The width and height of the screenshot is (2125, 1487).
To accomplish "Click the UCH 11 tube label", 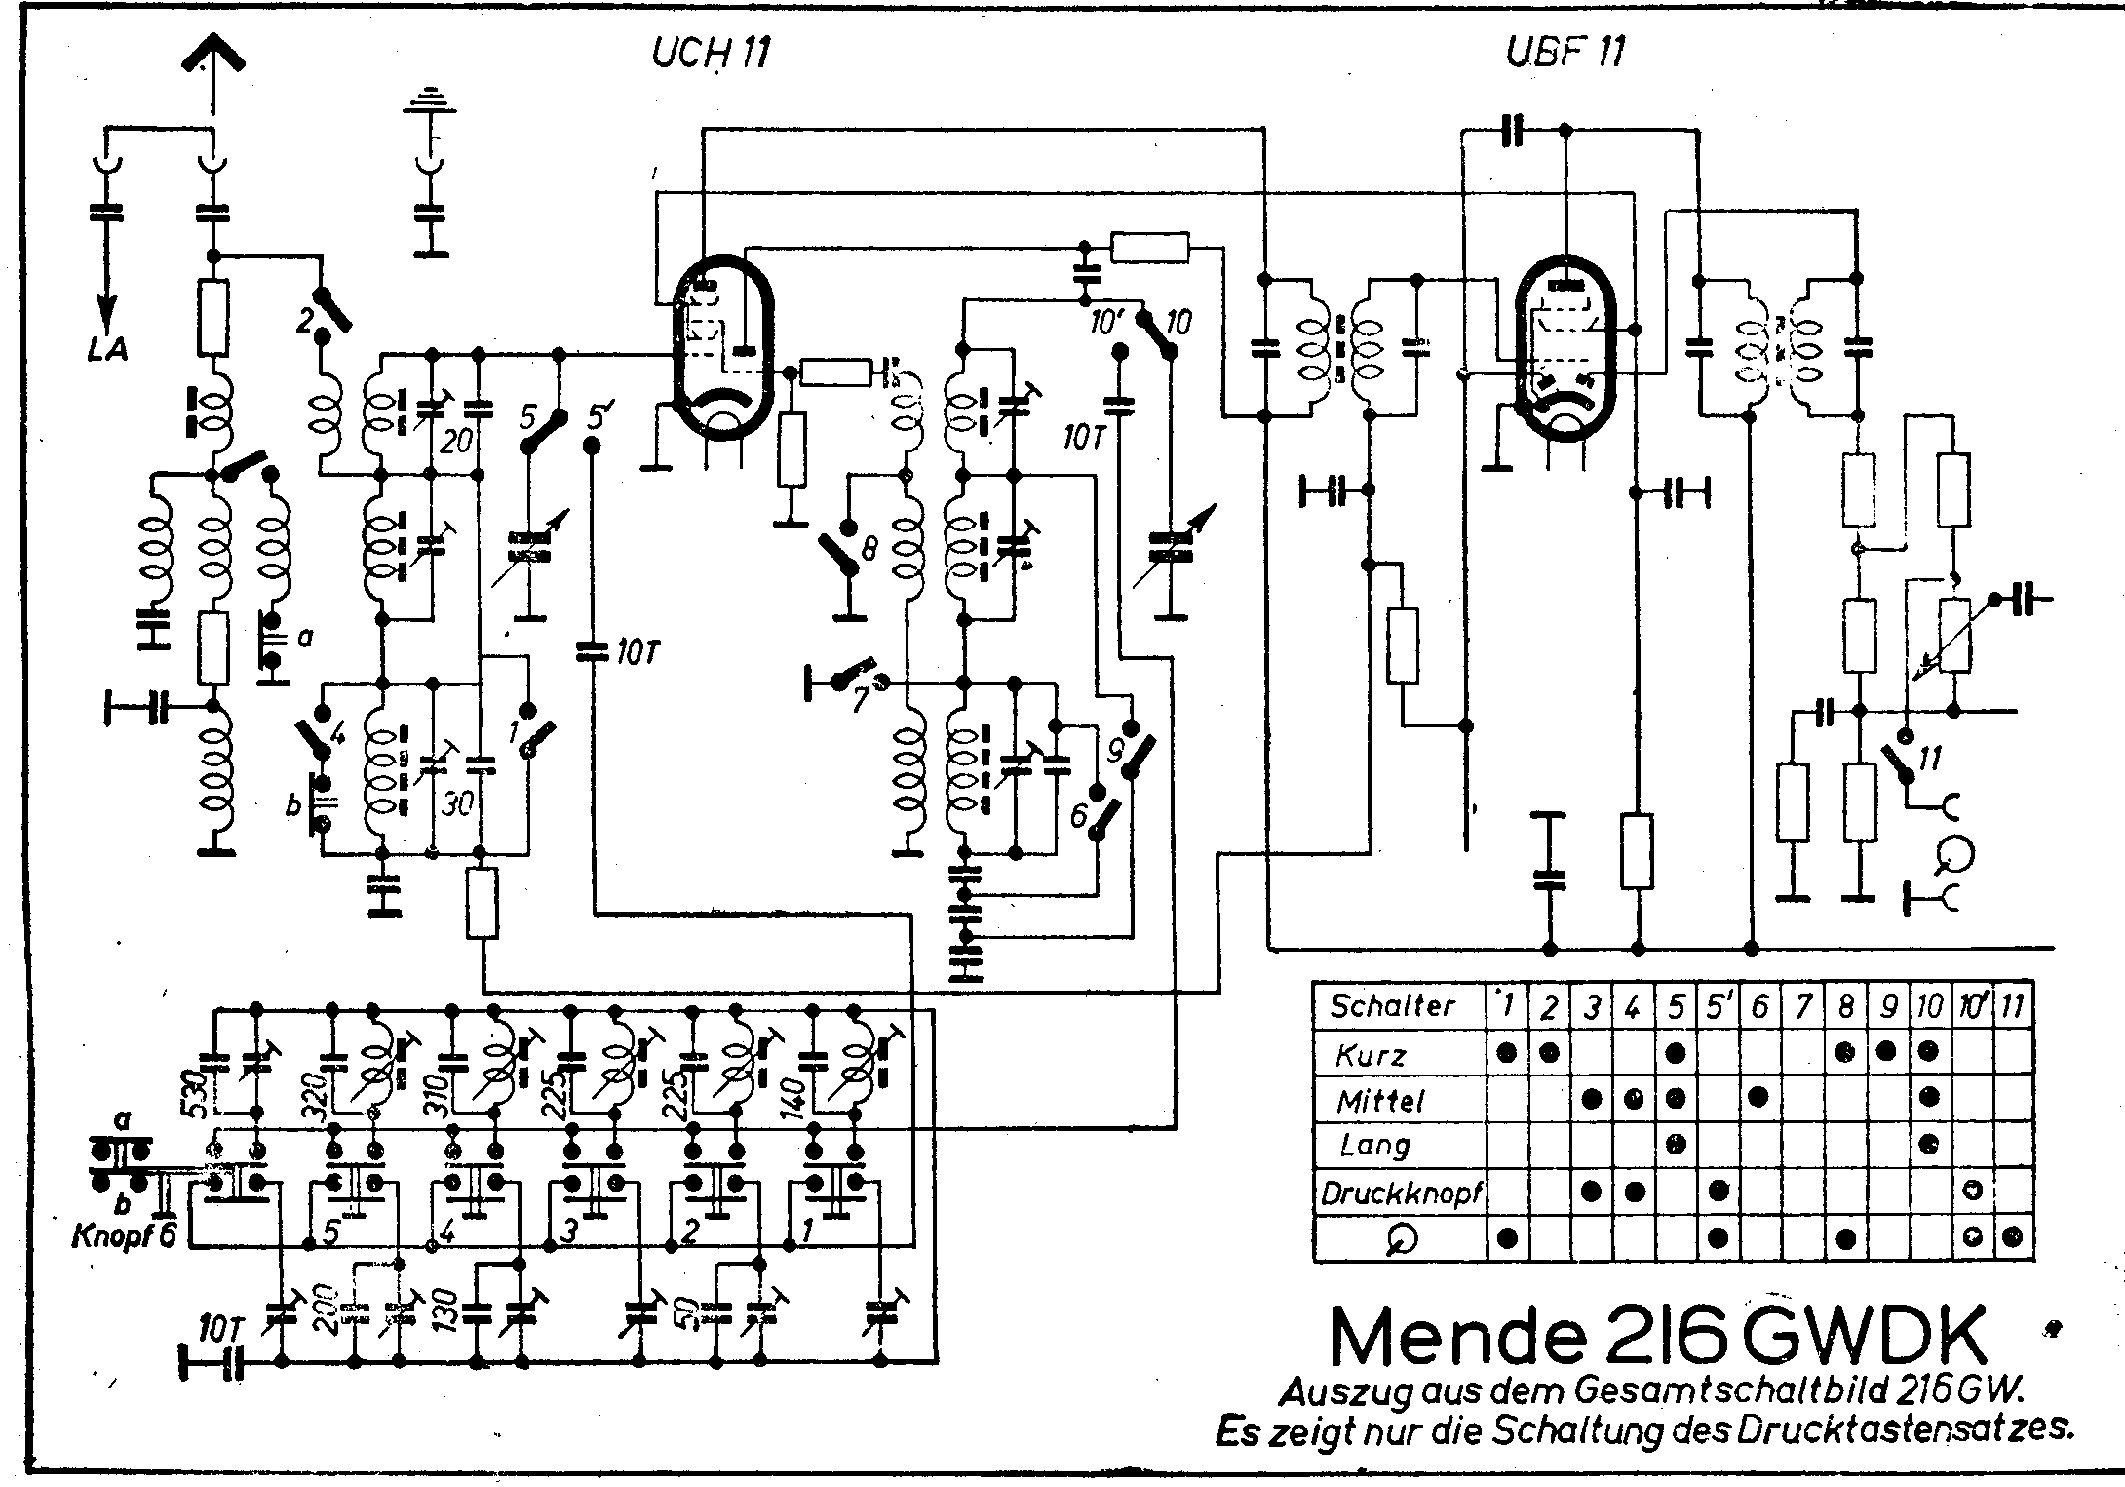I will [711, 52].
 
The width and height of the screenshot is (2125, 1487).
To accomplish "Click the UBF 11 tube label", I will [1565, 51].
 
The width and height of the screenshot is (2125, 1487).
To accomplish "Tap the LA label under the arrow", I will [106, 349].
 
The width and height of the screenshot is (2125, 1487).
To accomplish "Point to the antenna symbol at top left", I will [212, 60].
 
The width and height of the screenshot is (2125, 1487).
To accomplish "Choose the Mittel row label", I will [1380, 1102].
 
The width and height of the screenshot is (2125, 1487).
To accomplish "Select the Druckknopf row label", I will [1401, 1193].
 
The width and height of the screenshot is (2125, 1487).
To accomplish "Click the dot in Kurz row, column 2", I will [1551, 1053].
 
